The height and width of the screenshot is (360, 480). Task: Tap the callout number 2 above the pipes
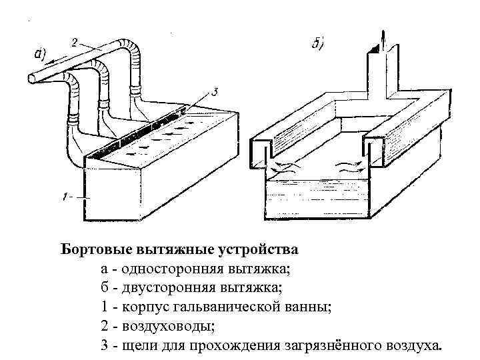click(x=75, y=41)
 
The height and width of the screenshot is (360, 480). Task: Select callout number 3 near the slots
click(x=215, y=93)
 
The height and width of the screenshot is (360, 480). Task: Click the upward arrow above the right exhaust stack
click(x=382, y=39)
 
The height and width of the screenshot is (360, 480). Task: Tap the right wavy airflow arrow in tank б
click(x=347, y=167)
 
